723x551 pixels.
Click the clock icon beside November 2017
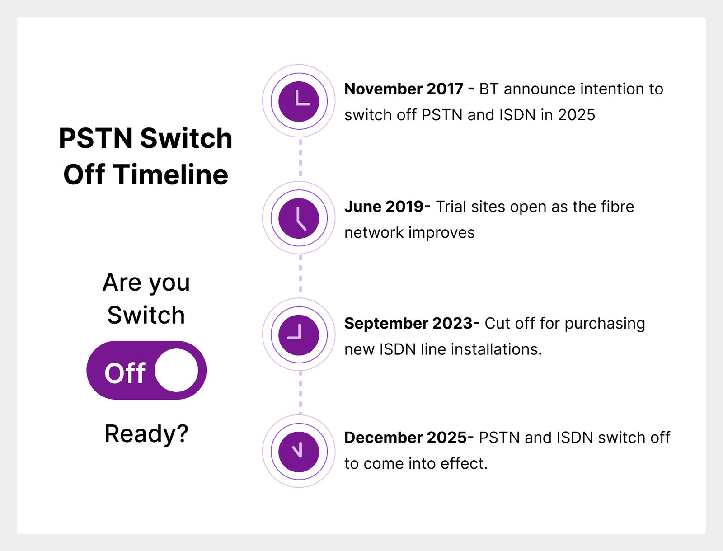pyautogui.click(x=299, y=101)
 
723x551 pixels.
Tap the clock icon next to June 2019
pyautogui.click(x=299, y=218)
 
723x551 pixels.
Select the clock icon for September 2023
pyautogui.click(x=299, y=334)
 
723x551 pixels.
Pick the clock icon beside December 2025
pyautogui.click(x=299, y=452)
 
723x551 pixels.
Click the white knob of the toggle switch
pyautogui.click(x=176, y=370)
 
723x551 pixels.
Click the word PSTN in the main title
pyautogui.click(x=96, y=138)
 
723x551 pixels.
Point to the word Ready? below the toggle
pyautogui.click(x=146, y=434)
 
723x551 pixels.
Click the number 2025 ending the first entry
pyautogui.click(x=577, y=115)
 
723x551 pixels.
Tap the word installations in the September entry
pyautogui.click(x=496, y=349)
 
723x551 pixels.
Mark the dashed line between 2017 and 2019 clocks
pyautogui.click(x=300, y=158)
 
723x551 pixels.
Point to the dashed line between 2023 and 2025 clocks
pyautogui.click(x=300, y=392)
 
